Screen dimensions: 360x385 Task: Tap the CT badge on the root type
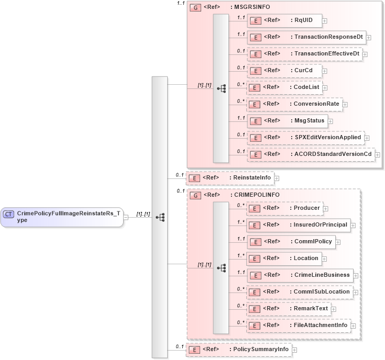tap(9, 213)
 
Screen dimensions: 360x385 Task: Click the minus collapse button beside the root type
tap(126, 217)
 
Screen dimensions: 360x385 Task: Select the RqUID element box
tap(284, 20)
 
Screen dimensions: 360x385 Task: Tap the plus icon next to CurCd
tap(325, 71)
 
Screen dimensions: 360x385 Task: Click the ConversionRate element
tap(294, 104)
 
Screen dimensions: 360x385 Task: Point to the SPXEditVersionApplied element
tap(305, 138)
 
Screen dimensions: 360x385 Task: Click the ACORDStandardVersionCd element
tap(311, 154)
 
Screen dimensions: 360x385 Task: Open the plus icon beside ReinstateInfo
tap(277, 178)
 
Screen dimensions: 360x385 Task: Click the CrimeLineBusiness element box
tap(300, 275)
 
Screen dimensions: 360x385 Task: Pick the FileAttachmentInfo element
tap(298, 325)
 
